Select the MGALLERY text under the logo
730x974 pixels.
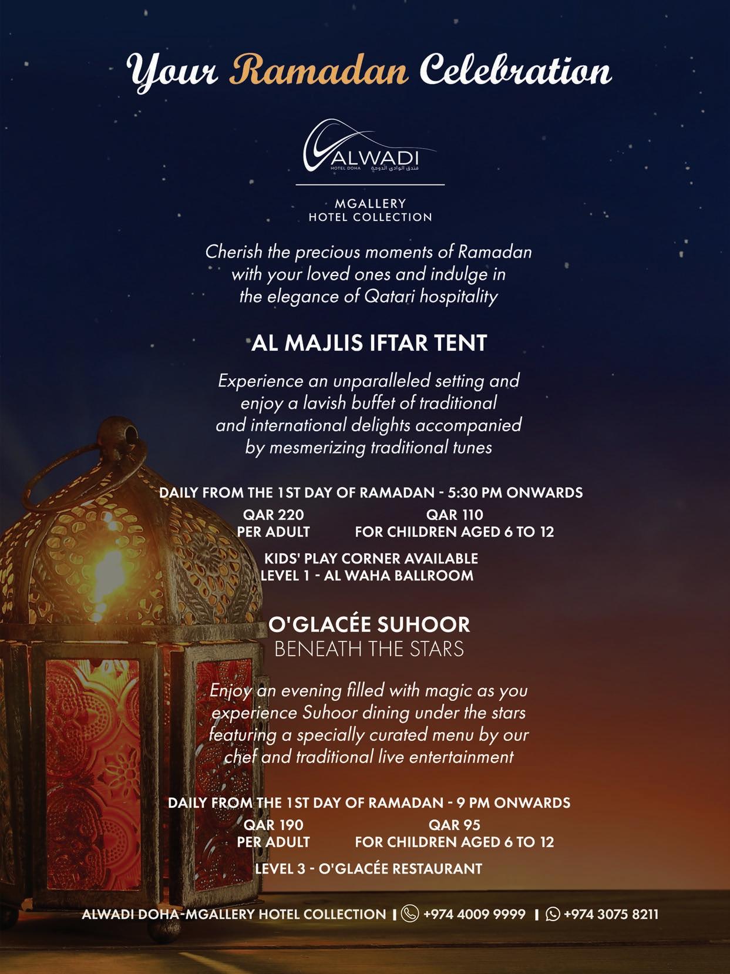pyautogui.click(x=370, y=203)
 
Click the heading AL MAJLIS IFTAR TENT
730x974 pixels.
pyautogui.click(x=369, y=343)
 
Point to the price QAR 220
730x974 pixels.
pyautogui.click(x=274, y=515)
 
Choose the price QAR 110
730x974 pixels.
pyautogui.click(x=455, y=515)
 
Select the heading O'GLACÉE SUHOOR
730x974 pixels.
pyautogui.click(x=369, y=624)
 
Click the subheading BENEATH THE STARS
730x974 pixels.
pyautogui.click(x=369, y=649)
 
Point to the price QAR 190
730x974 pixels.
pyautogui.click(x=274, y=825)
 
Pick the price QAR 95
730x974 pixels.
pyautogui.click(x=455, y=825)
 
